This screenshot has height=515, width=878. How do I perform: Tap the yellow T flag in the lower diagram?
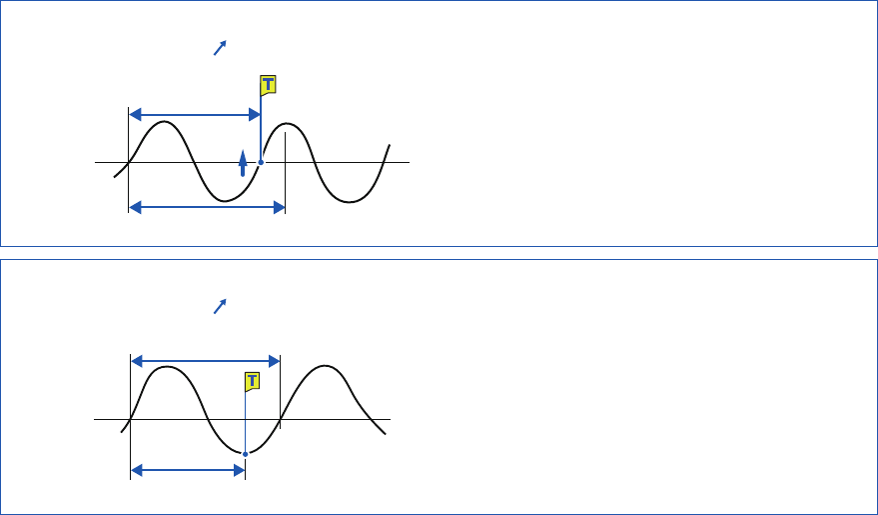253,382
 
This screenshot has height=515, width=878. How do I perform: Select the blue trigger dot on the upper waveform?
261,162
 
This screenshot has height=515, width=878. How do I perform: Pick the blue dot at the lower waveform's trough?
245,453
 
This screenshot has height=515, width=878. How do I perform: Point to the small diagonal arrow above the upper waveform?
221,47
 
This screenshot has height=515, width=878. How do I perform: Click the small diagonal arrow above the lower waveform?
221,305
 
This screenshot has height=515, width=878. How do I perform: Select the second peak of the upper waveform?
288,124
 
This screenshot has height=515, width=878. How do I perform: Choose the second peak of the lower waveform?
326,366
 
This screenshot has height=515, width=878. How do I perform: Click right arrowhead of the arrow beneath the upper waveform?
279,208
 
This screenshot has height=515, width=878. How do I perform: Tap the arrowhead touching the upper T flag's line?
254,115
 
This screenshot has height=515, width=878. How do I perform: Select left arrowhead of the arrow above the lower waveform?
139,360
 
